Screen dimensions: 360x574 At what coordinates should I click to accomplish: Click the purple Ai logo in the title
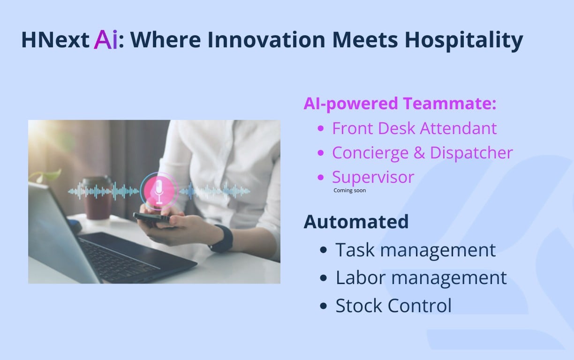(x=106, y=40)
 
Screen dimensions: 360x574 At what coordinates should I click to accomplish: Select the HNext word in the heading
(x=55, y=40)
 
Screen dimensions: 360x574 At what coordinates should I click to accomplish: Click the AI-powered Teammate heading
(x=400, y=104)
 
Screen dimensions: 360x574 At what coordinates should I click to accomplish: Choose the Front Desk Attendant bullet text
(x=414, y=128)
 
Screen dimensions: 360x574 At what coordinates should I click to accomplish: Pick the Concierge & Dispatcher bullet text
(x=422, y=153)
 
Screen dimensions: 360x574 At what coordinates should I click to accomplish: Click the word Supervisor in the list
(x=373, y=177)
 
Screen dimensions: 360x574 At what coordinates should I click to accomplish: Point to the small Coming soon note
(x=349, y=190)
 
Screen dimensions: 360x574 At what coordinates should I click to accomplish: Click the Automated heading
(x=356, y=222)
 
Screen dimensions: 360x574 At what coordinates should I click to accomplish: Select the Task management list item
(x=415, y=250)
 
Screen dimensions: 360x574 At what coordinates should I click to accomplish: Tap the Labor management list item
(x=421, y=278)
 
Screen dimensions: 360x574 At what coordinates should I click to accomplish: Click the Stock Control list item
(x=393, y=306)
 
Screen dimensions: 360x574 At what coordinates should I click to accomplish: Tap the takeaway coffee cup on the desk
(x=98, y=197)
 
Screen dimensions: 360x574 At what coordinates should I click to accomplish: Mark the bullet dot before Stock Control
(x=323, y=306)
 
